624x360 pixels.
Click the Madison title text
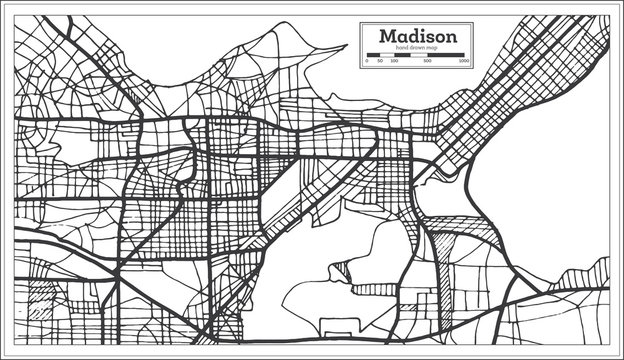419,36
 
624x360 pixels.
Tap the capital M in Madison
386,36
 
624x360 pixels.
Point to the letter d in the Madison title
412,36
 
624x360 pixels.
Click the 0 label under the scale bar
367,62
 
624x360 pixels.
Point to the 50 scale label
380,62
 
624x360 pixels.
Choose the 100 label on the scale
393,62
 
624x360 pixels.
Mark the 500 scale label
429,62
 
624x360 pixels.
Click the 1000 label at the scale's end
465,62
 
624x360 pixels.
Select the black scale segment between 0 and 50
373,55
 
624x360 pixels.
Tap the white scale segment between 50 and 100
386,55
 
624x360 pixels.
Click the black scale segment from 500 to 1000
447,55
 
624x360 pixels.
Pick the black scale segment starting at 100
402,55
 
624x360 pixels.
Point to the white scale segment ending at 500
420,55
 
